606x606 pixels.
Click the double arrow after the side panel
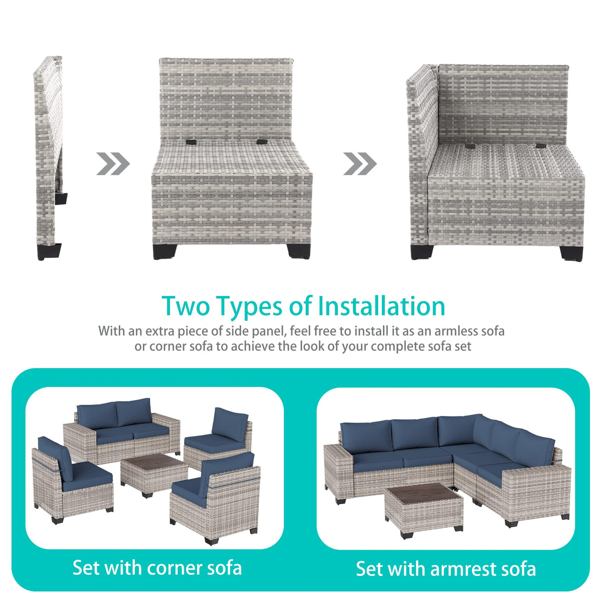[113, 164]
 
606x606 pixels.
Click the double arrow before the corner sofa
[360, 164]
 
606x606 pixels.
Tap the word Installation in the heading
[381, 306]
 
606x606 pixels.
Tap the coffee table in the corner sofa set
[154, 475]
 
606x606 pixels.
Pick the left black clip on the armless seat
[191, 142]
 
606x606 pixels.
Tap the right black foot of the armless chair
[299, 252]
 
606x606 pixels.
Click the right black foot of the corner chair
[571, 254]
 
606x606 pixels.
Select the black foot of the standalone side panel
[49, 252]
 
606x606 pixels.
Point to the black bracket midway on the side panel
[61, 199]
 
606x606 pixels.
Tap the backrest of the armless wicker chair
[227, 99]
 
